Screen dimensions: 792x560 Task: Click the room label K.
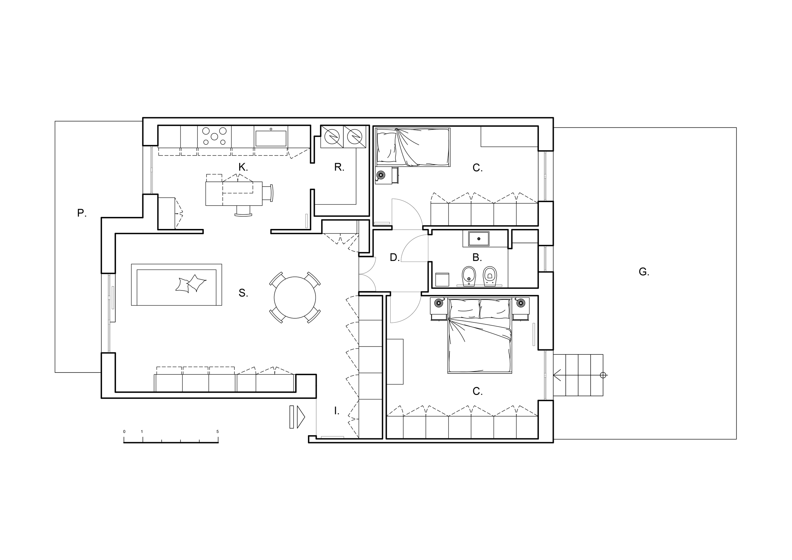coord(243,168)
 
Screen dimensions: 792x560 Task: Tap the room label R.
coord(339,167)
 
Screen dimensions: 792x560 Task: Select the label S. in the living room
coord(243,293)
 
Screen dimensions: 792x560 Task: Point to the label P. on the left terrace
coord(82,213)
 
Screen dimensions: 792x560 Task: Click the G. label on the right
coord(644,272)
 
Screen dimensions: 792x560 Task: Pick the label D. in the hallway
coord(395,257)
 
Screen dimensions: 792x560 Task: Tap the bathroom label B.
coord(477,257)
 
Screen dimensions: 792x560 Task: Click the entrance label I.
coord(337,411)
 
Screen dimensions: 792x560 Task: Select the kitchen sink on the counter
coord(271,139)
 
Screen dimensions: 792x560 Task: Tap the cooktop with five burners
coord(214,136)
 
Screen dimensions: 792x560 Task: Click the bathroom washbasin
coord(478,239)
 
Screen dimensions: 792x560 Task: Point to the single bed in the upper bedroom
coord(412,147)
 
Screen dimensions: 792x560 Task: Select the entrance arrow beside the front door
coord(298,417)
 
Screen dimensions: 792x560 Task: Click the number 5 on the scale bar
coord(217,431)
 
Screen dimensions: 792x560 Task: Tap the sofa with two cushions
coord(176,285)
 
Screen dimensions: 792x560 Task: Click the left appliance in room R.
coord(332,137)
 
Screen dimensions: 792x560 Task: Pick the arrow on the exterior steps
coord(557,375)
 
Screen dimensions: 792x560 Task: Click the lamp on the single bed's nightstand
coord(380,175)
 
